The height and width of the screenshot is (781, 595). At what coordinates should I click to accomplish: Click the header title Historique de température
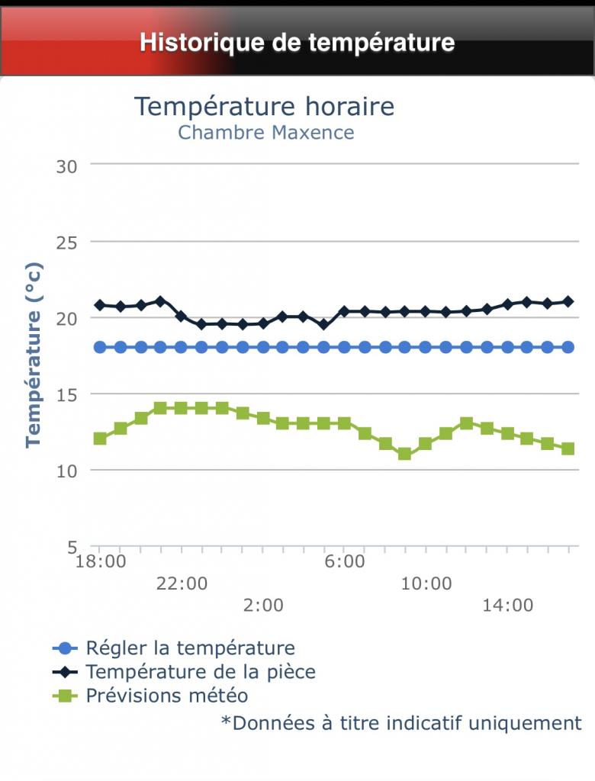coord(297,42)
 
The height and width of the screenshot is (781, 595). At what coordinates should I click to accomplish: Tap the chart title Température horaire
coord(265,106)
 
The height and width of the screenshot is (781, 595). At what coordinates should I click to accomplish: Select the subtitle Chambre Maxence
coord(266,132)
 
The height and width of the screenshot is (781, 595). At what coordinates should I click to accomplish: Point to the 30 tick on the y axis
coord(67,166)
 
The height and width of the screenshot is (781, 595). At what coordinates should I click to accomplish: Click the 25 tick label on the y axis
coord(67,242)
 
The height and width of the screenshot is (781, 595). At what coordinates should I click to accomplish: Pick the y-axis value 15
coord(67,394)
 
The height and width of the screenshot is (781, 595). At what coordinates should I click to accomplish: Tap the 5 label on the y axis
coord(73,547)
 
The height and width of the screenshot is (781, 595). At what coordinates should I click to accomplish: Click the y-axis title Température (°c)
coord(34,355)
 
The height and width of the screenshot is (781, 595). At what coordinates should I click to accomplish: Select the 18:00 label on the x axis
coord(101,563)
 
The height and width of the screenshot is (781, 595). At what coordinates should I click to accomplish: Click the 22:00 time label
coord(182,584)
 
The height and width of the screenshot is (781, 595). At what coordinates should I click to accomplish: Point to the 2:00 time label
coord(263,606)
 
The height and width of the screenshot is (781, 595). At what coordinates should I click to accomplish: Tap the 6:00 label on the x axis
coord(345,563)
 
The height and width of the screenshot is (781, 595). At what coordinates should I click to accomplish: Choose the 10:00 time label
coord(426,584)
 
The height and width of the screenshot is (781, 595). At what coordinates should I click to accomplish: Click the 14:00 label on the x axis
coord(508,606)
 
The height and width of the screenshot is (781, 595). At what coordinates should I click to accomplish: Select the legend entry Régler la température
coord(190,648)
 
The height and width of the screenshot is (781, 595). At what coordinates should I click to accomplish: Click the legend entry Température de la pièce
coord(201,672)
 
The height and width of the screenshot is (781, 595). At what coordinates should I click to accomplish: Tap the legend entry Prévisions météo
coord(167,696)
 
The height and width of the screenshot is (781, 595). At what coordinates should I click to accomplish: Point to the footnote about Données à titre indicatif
coord(401,722)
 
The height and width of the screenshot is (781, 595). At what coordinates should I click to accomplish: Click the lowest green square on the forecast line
coord(405,454)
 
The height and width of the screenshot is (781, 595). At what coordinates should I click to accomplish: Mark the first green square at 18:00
coord(100,439)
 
